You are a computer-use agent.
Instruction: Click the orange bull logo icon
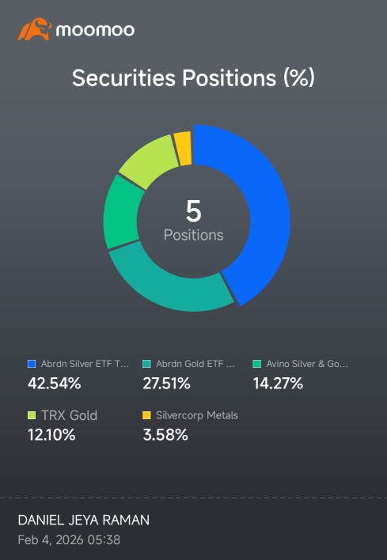[35, 29]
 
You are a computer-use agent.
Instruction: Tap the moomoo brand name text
[95, 30]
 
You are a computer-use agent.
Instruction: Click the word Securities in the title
[123, 78]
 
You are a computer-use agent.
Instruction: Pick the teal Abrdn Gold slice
[168, 286]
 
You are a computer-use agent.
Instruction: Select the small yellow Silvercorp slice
[184, 149]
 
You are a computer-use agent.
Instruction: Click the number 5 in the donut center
[193, 211]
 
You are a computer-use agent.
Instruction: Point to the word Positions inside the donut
[193, 235]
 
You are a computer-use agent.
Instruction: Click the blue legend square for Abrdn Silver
[32, 364]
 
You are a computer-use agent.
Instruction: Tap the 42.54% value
[55, 384]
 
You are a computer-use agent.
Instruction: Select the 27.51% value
[166, 384]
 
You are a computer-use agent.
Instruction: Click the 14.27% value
[278, 384]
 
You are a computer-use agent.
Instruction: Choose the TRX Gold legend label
[69, 415]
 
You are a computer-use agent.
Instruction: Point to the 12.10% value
[51, 435]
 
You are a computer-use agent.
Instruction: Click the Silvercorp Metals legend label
[197, 415]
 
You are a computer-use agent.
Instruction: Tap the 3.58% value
[165, 435]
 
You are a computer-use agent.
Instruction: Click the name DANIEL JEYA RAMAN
[84, 520]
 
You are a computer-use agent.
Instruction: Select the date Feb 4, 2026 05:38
[69, 539]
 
